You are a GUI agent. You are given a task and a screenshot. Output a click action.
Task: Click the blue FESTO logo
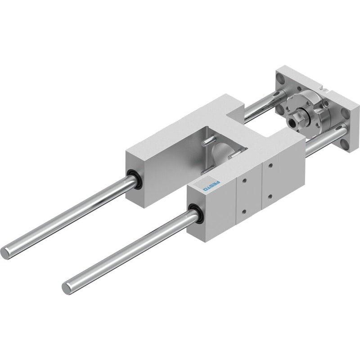point(212,186)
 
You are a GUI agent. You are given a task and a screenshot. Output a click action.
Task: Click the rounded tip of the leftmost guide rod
point(4,253)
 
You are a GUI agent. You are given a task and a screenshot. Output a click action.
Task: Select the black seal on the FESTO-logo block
point(195,213)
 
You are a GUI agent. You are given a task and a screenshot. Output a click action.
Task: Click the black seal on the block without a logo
point(134,179)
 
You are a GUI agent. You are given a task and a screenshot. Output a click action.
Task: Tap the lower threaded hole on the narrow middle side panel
point(244,211)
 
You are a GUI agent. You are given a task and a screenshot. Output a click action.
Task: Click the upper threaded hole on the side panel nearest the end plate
point(271,165)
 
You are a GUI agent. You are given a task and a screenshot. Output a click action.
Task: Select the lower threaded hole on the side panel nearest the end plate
point(270,197)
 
